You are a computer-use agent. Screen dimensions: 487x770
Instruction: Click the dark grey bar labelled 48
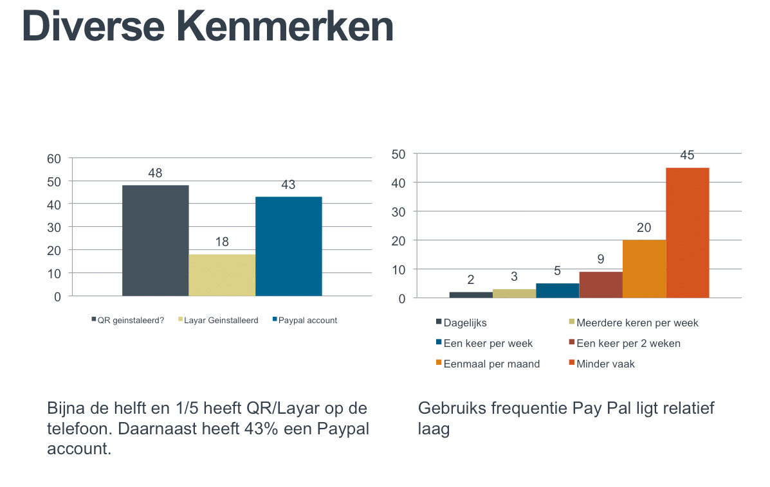pos(155,240)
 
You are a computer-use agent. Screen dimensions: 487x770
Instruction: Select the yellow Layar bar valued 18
pos(222,275)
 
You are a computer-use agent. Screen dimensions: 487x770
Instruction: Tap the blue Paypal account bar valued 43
pos(288,246)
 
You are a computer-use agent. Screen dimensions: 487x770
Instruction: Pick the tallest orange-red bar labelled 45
pos(687,233)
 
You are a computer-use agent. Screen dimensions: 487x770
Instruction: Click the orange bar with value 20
pos(644,269)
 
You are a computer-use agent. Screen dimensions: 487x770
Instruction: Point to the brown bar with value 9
pos(601,285)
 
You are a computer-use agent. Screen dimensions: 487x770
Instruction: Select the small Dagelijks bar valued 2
pos(471,295)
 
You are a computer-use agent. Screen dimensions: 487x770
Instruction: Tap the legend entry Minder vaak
pos(605,364)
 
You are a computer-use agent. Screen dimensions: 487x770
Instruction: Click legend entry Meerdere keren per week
pos(637,323)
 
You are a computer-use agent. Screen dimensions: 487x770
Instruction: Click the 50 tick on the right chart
pos(398,154)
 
